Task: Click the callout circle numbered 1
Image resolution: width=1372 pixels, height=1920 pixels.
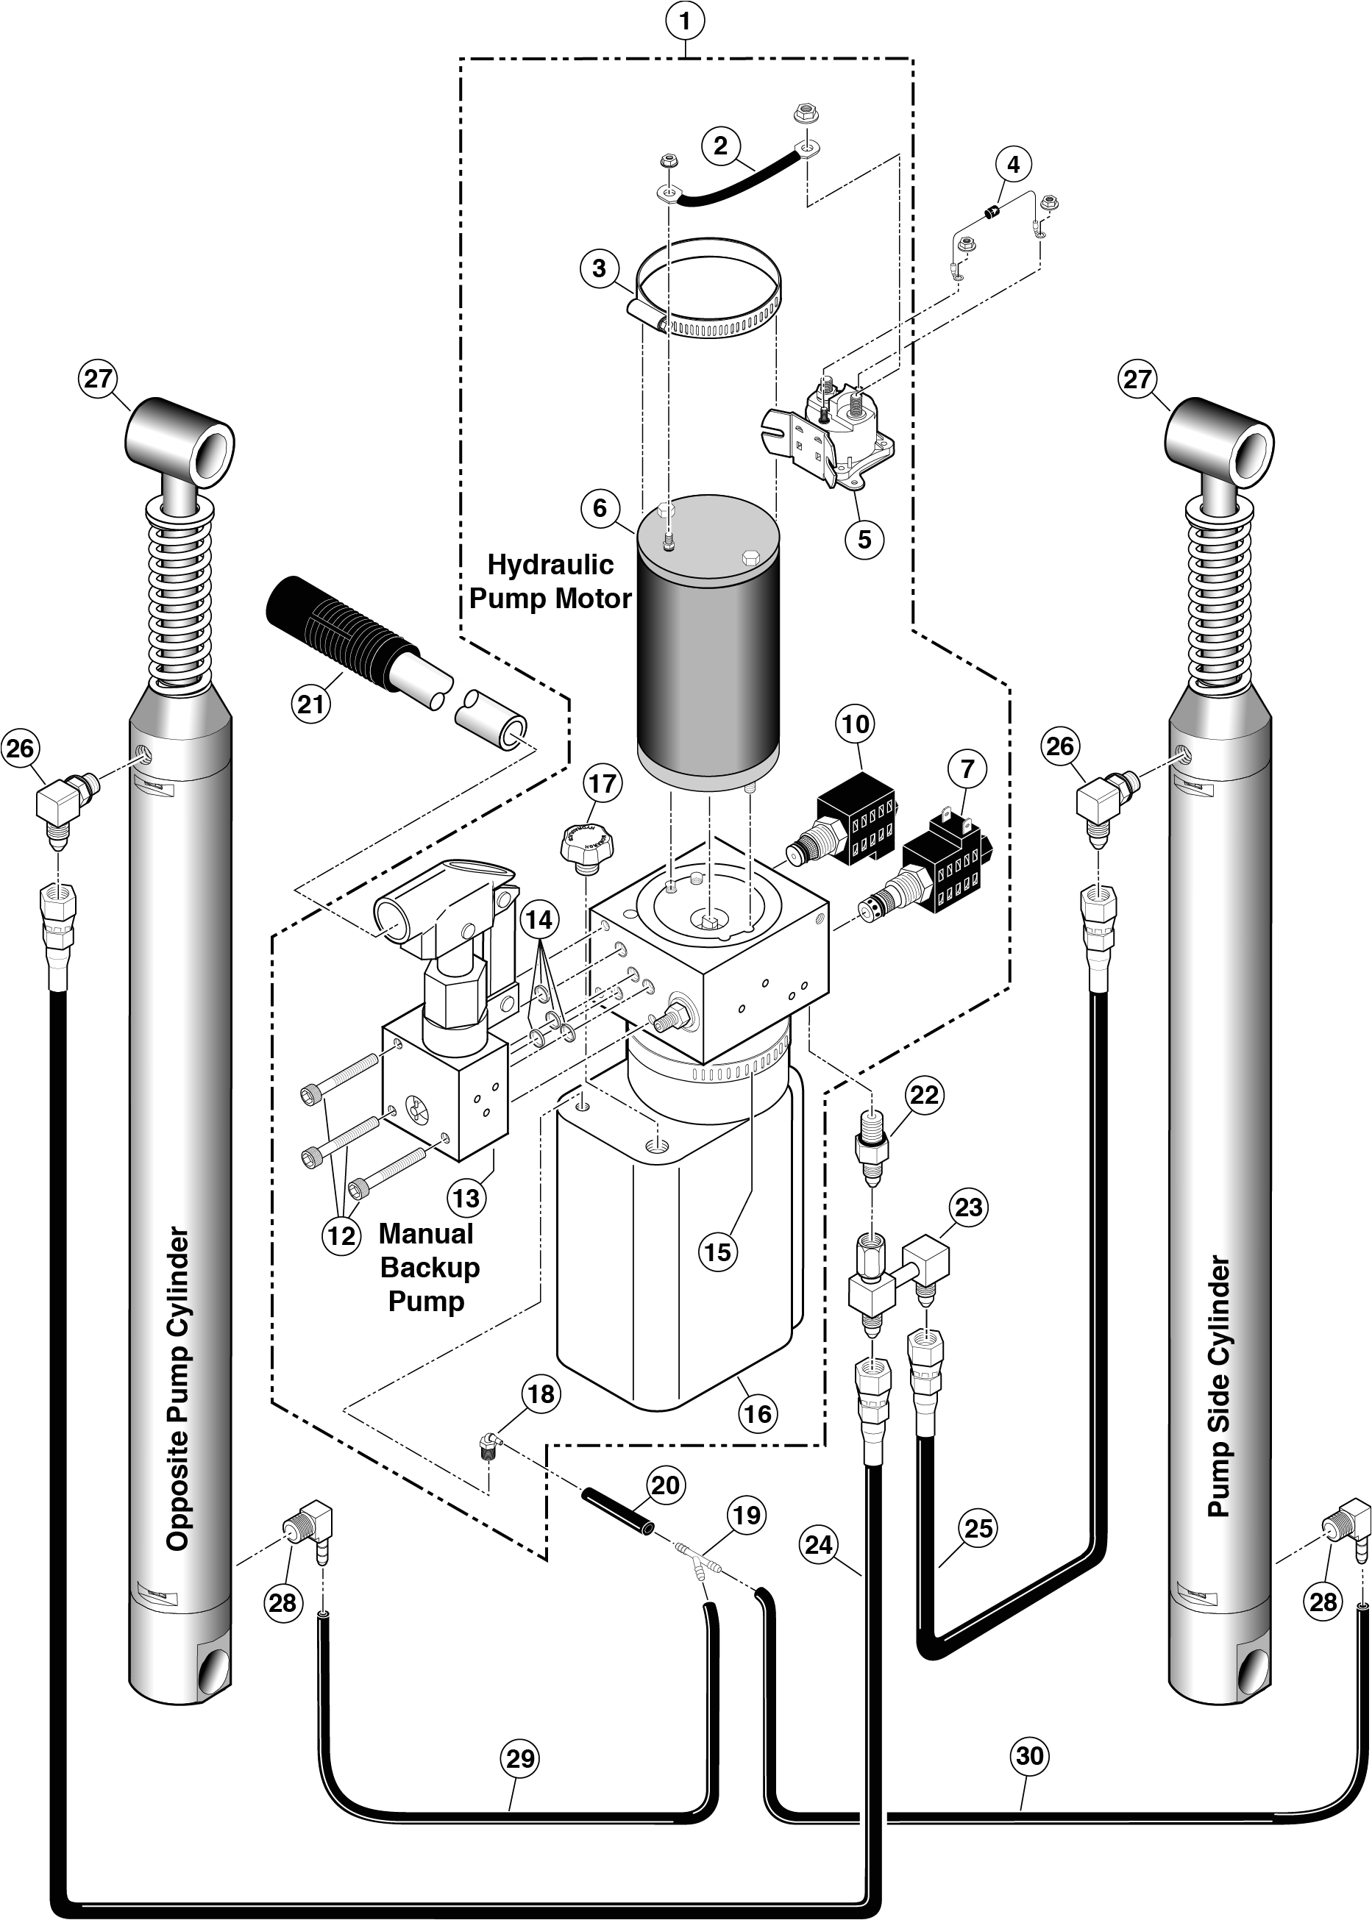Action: (684, 21)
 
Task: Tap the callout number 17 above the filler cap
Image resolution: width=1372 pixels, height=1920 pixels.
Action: (602, 784)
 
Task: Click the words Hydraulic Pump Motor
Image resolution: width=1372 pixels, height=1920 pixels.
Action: (550, 581)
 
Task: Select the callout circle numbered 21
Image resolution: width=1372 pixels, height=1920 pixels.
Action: (311, 702)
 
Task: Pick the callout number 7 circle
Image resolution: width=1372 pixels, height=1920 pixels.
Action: (967, 768)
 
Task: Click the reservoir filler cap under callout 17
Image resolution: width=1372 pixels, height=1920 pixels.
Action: (583, 843)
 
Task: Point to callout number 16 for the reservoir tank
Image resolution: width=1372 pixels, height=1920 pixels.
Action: (757, 1413)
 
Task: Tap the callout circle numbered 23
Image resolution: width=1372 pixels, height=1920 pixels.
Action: (968, 1207)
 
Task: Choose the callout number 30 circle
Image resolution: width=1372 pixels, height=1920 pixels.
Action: (1029, 1755)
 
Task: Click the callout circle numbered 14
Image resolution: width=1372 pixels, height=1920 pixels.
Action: (539, 918)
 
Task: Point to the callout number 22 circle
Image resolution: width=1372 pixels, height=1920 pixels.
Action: (923, 1095)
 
